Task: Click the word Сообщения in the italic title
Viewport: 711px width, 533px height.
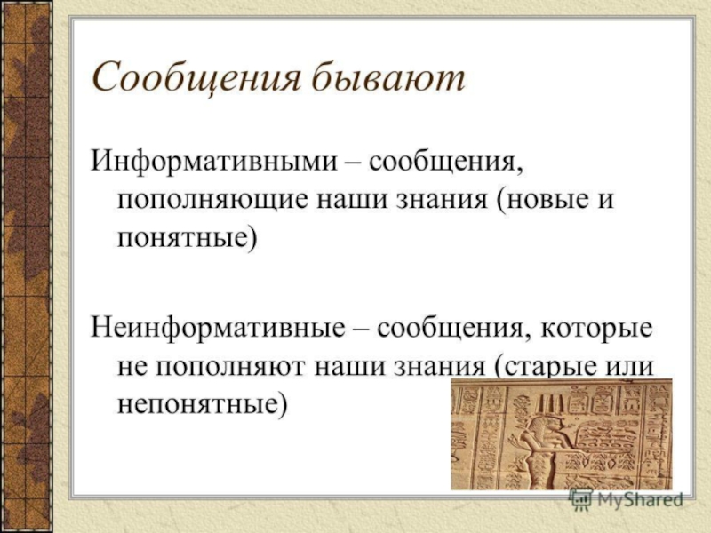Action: coord(196,77)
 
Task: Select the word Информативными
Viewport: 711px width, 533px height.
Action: coord(214,162)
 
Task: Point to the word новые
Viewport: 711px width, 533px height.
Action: coord(540,198)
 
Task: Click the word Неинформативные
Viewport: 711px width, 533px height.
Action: coord(218,329)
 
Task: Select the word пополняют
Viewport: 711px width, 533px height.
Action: coord(231,367)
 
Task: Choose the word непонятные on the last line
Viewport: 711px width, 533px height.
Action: coord(203,403)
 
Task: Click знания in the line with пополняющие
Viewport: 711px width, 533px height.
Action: coord(441,200)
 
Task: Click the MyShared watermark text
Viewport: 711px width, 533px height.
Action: coord(640,500)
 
